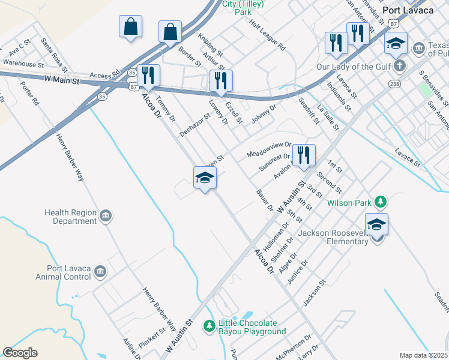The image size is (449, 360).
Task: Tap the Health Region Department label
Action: (x=70, y=217)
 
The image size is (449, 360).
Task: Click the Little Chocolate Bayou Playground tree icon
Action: (x=209, y=326)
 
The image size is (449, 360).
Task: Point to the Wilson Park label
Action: (x=349, y=203)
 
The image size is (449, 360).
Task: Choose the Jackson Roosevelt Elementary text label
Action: (x=333, y=237)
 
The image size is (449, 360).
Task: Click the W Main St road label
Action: (x=62, y=79)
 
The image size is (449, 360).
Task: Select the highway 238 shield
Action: (x=394, y=84)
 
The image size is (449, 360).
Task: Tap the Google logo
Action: (x=20, y=353)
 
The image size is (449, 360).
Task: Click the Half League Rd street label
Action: (x=268, y=37)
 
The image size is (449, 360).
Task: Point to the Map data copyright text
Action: (x=423, y=355)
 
